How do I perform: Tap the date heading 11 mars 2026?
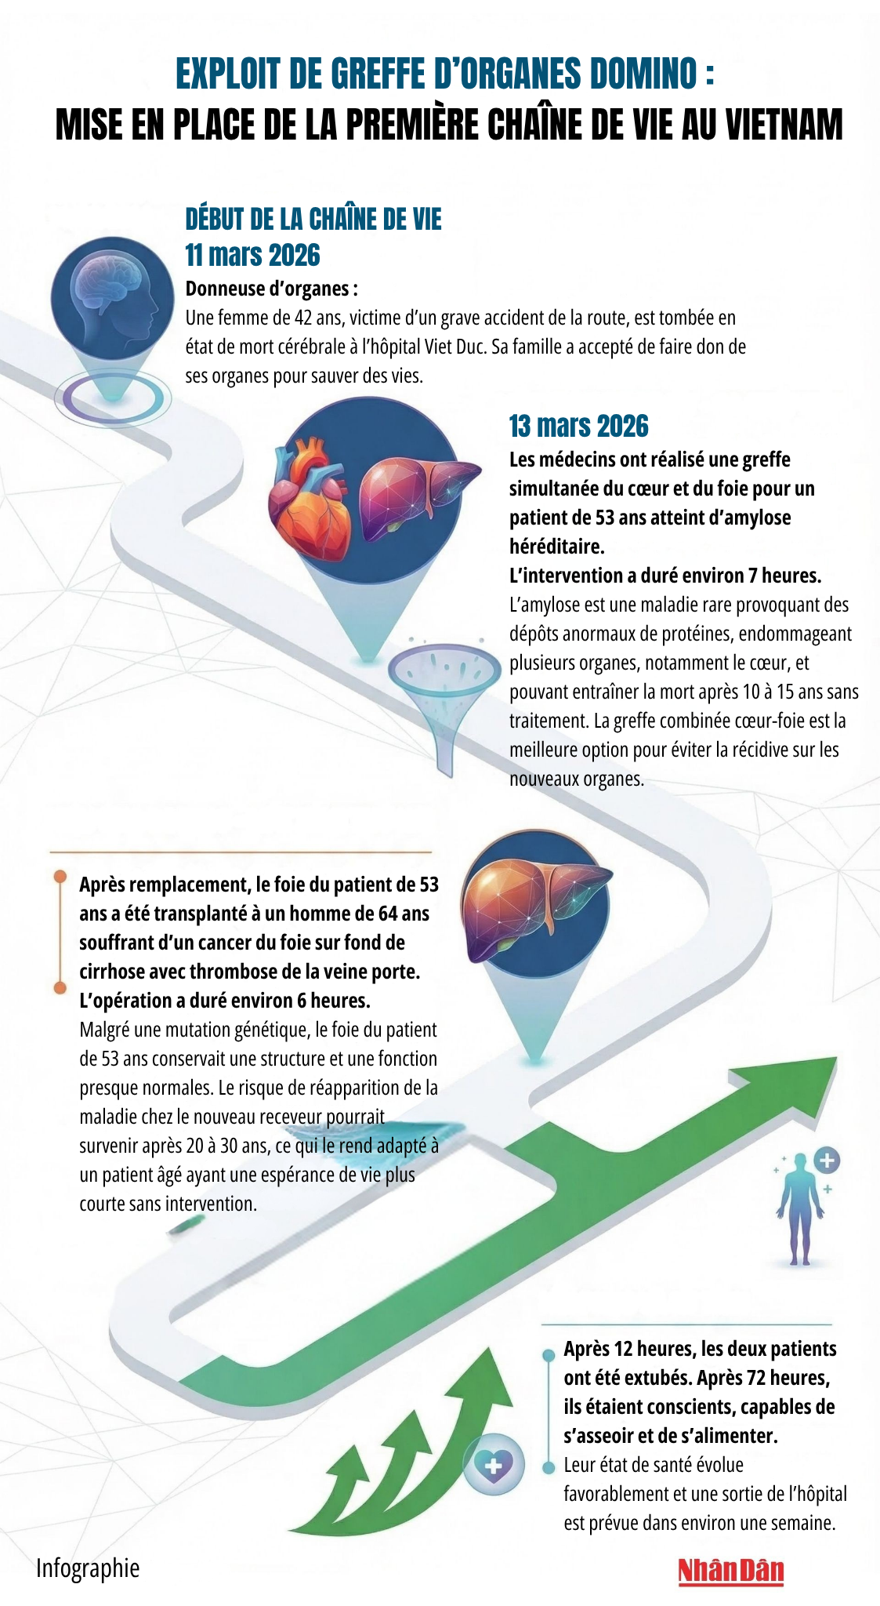252,256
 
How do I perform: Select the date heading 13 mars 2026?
578,427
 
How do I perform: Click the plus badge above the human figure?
827,1160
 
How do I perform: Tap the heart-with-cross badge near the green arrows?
493,1465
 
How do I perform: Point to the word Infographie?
88,1568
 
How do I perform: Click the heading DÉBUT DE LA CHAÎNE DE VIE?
313,220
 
